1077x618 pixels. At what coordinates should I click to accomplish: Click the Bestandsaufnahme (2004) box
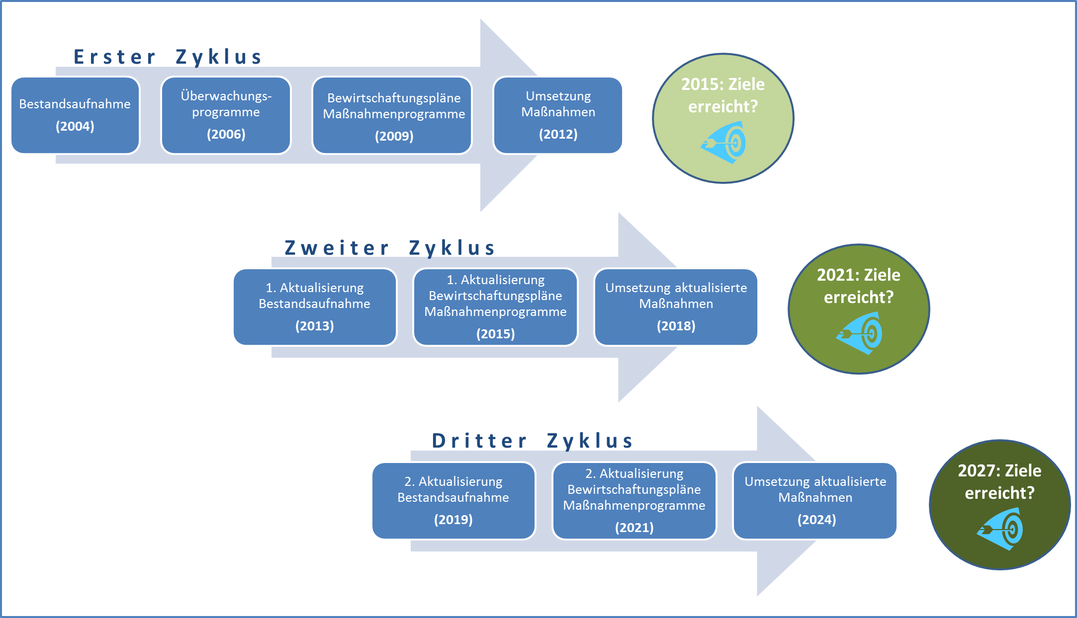click(75, 115)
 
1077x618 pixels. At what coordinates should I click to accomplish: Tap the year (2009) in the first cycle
click(394, 136)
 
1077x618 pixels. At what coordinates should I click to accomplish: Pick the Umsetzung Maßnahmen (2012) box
click(558, 115)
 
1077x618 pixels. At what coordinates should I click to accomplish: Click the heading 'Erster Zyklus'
click(168, 57)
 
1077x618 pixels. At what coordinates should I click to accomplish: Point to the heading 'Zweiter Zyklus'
click(390, 248)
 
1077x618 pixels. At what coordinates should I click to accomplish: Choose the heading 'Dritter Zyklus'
click(533, 441)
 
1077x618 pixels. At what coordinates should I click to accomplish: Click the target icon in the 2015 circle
click(724, 143)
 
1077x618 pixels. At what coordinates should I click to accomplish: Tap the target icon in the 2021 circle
click(860, 333)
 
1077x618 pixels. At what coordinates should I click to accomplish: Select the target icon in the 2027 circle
click(1000, 529)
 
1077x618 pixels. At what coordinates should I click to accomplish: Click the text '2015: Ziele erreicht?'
click(723, 95)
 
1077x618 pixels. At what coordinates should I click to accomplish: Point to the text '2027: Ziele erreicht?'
click(999, 481)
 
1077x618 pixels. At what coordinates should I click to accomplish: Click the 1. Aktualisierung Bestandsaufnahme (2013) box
click(315, 307)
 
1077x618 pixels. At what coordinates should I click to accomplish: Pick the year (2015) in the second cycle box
click(496, 334)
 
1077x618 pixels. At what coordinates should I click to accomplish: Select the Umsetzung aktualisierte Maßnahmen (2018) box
click(676, 307)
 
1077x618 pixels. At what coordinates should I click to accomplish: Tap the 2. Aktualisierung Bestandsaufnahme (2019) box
click(453, 501)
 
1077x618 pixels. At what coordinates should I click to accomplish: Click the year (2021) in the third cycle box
click(634, 528)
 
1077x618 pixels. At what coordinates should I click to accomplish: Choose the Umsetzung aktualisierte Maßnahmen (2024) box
click(815, 501)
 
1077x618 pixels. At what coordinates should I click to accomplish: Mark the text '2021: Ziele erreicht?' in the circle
click(859, 286)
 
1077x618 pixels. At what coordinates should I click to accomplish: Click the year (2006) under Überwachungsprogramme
click(226, 134)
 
